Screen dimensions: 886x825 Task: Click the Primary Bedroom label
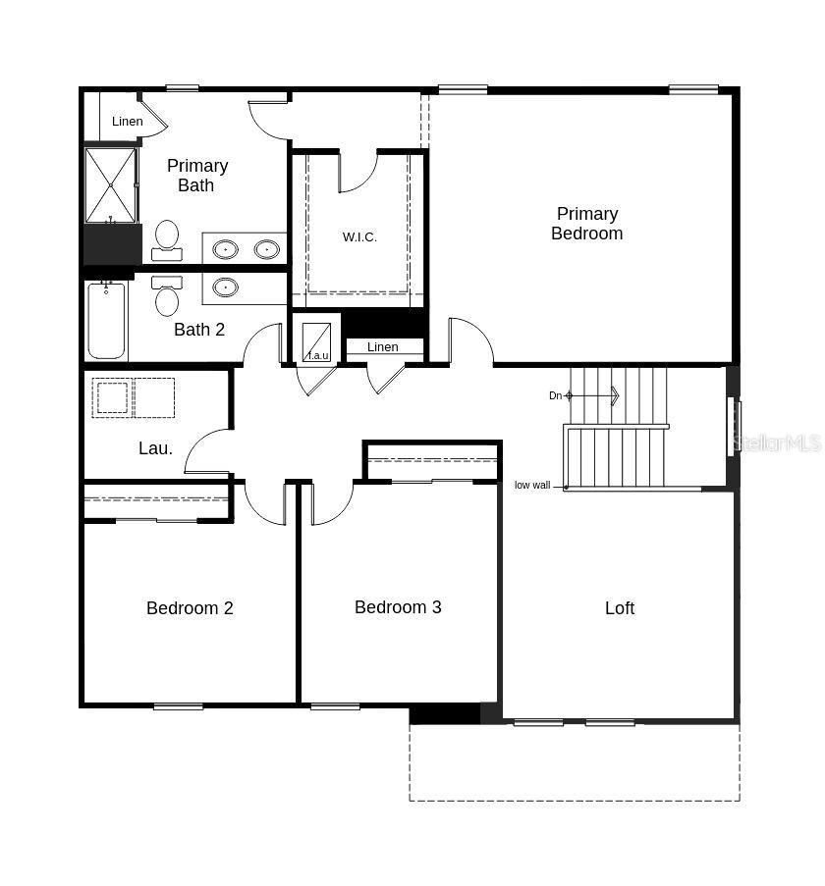pyautogui.click(x=586, y=224)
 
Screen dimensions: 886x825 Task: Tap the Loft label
pyautogui.click(x=620, y=608)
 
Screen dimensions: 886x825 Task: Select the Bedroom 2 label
pyautogui.click(x=190, y=608)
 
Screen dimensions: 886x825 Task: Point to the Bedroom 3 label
pyautogui.click(x=398, y=607)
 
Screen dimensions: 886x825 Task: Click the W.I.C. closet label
pyautogui.click(x=359, y=237)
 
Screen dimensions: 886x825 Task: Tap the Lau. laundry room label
pyautogui.click(x=155, y=448)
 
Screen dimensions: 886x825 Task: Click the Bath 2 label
pyautogui.click(x=199, y=330)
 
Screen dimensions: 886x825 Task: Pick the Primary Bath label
pyautogui.click(x=196, y=176)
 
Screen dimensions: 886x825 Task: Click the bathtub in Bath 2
pyautogui.click(x=106, y=321)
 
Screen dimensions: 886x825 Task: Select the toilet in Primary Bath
pyautogui.click(x=167, y=239)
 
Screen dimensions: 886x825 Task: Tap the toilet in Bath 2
pyautogui.click(x=167, y=296)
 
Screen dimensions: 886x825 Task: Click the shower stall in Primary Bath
pyautogui.click(x=110, y=184)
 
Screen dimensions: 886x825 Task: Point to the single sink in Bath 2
pyautogui.click(x=226, y=287)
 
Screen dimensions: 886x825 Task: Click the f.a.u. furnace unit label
pyautogui.click(x=318, y=355)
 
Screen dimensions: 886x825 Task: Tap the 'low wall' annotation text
pyautogui.click(x=532, y=486)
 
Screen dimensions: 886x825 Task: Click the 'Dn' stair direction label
pyautogui.click(x=555, y=396)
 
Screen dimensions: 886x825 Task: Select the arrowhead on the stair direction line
pyautogui.click(x=615, y=396)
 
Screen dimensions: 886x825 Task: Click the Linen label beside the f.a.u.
pyautogui.click(x=383, y=347)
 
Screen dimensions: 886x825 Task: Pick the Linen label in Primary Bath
pyautogui.click(x=127, y=122)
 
